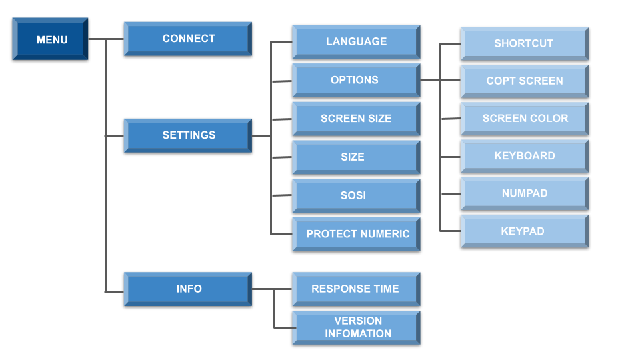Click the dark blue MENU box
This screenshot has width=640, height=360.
tap(51, 39)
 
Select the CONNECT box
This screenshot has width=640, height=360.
tap(188, 39)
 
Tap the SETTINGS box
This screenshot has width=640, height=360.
tap(188, 135)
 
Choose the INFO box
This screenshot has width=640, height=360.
tap(188, 289)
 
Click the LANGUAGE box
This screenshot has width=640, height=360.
tap(356, 42)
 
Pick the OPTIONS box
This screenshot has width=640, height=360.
tap(356, 80)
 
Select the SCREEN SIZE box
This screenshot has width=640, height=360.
tap(356, 119)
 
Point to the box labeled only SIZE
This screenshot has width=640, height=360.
tap(356, 157)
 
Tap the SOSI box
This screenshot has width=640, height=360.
tap(356, 196)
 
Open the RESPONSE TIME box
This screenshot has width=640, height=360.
tap(356, 289)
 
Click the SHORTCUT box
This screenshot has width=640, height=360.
tap(524, 44)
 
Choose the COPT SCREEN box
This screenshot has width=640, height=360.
tap(524, 81)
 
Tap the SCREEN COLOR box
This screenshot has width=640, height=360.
tap(524, 119)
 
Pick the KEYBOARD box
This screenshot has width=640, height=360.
tap(524, 156)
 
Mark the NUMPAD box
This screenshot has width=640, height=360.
tap(524, 193)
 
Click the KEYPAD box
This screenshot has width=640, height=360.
tap(524, 231)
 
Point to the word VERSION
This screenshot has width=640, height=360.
tap(358, 321)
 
